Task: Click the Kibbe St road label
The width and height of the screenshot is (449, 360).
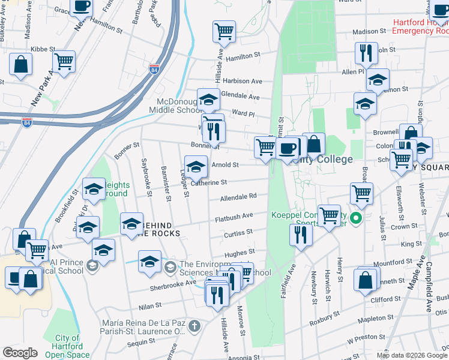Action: (43, 49)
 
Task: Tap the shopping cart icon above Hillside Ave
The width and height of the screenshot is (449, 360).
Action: (224, 31)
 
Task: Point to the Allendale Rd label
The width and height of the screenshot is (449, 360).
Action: (238, 197)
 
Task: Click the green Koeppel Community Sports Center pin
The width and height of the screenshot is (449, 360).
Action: (356, 218)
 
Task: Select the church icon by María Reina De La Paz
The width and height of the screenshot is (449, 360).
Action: (193, 326)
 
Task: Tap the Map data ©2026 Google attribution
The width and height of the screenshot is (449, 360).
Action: (412, 355)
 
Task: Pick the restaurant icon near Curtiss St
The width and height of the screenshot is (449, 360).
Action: (300, 235)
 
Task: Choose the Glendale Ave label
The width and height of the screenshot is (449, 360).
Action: (240, 97)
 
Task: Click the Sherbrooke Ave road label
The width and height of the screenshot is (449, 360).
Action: (173, 287)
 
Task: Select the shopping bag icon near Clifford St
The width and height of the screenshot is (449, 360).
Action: (366, 280)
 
